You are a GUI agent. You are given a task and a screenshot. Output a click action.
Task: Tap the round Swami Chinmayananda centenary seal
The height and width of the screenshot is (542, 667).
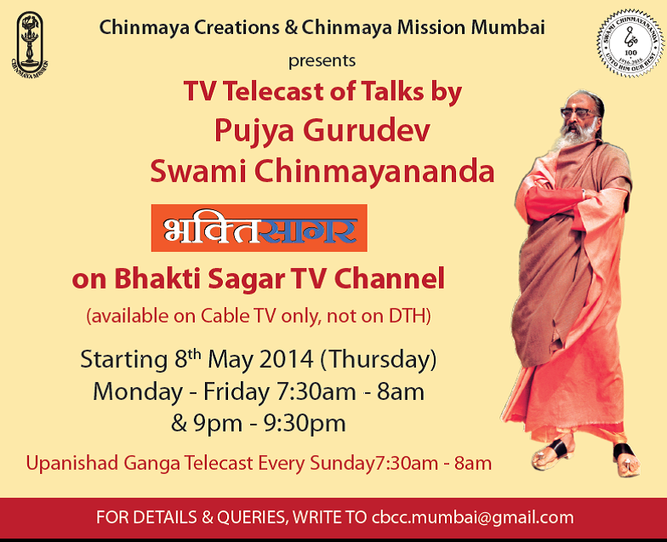630,43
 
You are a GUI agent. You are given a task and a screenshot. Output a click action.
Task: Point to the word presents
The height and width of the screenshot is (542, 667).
322,61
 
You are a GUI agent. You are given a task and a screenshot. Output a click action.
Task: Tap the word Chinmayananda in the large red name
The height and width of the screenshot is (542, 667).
374,171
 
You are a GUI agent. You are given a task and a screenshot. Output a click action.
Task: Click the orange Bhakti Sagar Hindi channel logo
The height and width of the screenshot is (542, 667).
259,228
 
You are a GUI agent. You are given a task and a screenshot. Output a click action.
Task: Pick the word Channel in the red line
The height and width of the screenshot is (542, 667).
390,279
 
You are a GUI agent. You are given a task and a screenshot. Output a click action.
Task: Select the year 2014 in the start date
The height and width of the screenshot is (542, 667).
286,359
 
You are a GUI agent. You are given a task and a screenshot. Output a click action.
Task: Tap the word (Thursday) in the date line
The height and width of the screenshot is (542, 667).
378,360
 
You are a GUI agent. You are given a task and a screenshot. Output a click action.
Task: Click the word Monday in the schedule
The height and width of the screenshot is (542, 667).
138,391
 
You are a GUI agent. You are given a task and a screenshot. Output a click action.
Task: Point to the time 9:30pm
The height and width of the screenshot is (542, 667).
305,424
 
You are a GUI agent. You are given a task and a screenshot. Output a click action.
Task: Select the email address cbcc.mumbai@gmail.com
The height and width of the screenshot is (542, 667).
473,517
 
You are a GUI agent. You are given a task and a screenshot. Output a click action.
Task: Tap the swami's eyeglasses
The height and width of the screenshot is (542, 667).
579,112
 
